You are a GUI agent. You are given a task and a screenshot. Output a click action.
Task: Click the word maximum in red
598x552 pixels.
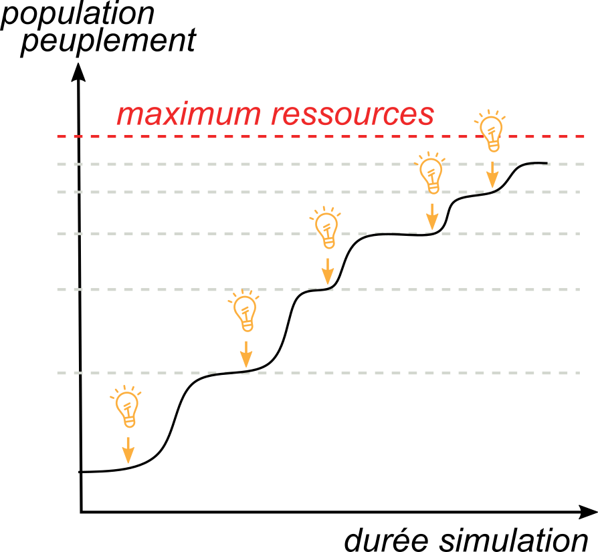tap(190, 115)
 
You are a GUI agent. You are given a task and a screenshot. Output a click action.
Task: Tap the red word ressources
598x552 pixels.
tap(353, 115)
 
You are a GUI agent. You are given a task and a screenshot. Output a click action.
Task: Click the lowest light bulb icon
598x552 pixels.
tap(127, 407)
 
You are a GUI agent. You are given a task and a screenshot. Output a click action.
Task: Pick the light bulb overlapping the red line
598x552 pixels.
tap(492, 132)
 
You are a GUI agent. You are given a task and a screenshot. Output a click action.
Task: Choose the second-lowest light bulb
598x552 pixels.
tap(245, 311)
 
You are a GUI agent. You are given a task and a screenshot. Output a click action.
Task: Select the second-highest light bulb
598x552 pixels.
tap(431, 174)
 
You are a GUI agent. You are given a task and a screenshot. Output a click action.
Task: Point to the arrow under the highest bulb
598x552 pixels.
tap(492, 175)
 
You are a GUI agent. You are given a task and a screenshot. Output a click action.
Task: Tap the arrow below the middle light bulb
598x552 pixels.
tap(328, 271)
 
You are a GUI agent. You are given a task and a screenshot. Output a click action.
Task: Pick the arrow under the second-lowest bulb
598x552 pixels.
tap(246, 354)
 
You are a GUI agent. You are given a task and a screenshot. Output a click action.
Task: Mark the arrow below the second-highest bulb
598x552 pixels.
tap(432, 217)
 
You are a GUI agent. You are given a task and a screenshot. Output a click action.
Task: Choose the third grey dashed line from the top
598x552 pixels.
tap(201, 233)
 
